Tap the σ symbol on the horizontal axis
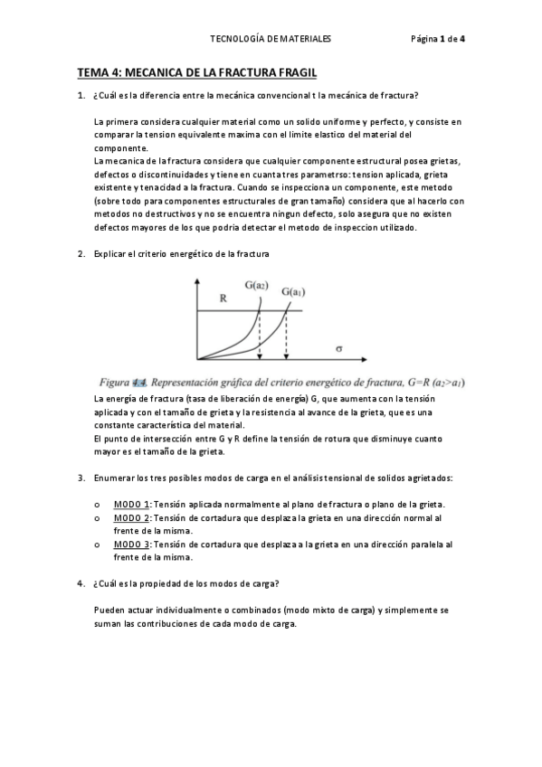[338, 346]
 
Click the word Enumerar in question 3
[113, 477]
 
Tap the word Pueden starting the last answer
[109, 610]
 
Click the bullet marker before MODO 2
[97, 518]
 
